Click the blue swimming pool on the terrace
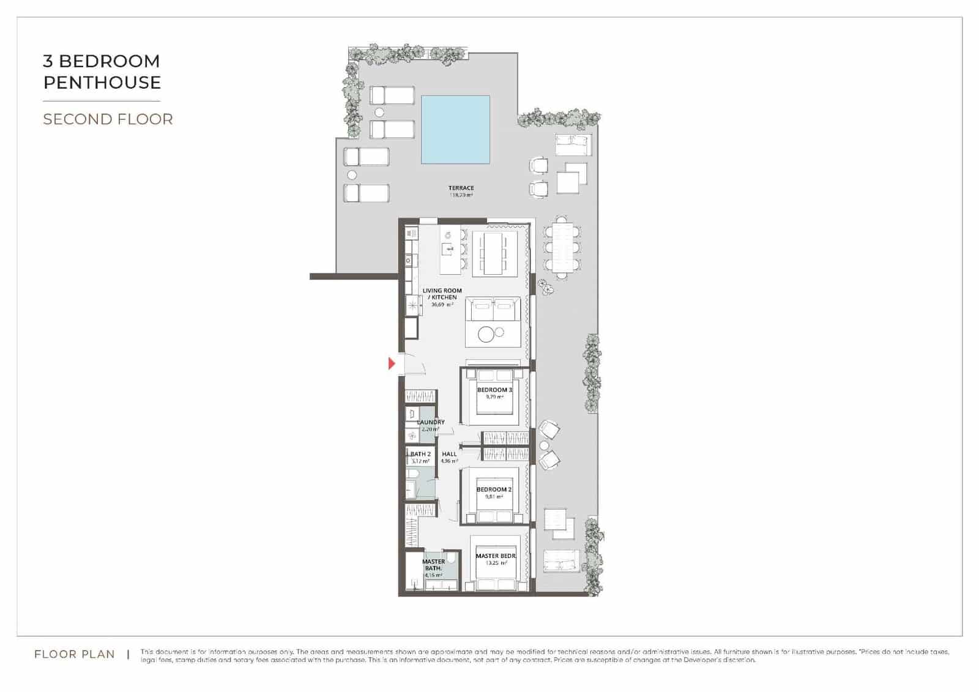(x=455, y=129)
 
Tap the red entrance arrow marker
(x=392, y=364)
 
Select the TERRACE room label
(x=461, y=188)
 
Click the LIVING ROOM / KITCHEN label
(x=442, y=294)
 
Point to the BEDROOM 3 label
(x=494, y=390)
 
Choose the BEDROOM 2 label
(x=494, y=489)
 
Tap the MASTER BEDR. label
(x=496, y=556)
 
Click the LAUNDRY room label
(x=431, y=422)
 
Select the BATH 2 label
(x=420, y=454)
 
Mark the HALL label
(x=449, y=454)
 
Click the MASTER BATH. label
(x=433, y=565)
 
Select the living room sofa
(x=493, y=308)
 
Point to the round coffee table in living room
(x=486, y=334)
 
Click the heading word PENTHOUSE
(x=102, y=83)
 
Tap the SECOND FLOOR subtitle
(x=108, y=119)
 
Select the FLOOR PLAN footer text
(x=75, y=654)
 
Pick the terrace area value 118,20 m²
(x=461, y=195)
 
